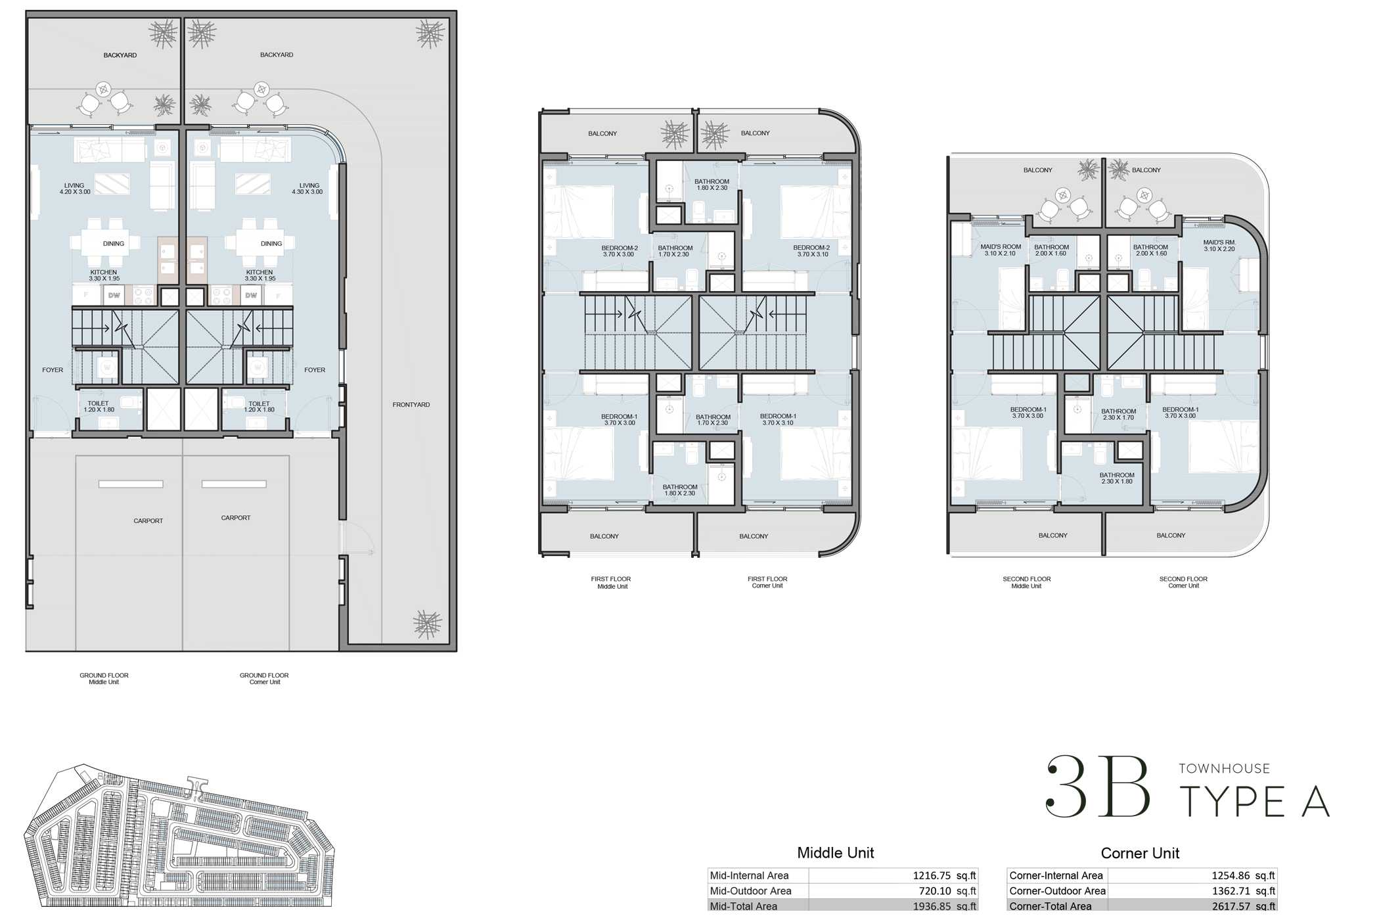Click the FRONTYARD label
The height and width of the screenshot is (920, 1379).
[411, 405]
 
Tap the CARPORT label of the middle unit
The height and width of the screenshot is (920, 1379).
[148, 521]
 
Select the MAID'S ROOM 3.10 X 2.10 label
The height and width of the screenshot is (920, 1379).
[1000, 250]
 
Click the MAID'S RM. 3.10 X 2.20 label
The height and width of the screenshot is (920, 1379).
[1219, 246]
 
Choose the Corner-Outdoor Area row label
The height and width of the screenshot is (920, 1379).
[1057, 891]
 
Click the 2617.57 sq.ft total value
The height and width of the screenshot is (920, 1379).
[1242, 906]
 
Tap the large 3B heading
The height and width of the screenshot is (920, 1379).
[1098, 787]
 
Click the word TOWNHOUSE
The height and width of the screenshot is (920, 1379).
[1224, 769]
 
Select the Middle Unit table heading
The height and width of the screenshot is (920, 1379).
[835, 853]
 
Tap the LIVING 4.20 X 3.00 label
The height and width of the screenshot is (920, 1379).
[75, 189]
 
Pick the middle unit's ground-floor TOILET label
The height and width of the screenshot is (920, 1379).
[99, 407]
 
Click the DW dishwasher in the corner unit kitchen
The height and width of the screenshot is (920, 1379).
[251, 296]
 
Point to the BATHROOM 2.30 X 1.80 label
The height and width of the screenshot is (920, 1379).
[1116, 478]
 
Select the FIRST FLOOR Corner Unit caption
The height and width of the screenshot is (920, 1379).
[767, 582]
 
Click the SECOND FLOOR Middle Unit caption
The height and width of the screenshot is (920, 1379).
[1026, 583]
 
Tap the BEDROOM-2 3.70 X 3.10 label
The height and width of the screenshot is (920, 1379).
[811, 251]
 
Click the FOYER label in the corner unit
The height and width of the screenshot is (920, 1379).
[315, 370]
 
